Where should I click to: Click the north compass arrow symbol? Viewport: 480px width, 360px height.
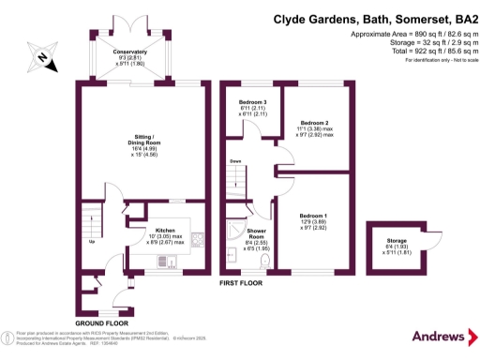(39, 55)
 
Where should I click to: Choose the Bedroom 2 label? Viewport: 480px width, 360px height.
(313, 123)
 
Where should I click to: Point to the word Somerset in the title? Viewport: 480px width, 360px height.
(403, 18)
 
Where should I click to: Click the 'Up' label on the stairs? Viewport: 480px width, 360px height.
(90, 241)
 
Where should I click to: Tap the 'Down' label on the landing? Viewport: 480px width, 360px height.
(236, 160)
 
